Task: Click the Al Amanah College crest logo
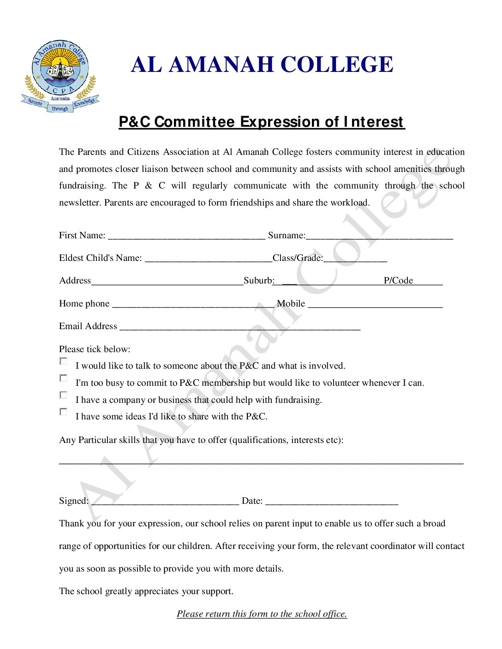pyautogui.click(x=60, y=76)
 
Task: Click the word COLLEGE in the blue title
pyautogui.click(x=337, y=65)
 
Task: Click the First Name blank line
pyautogui.click(x=186, y=237)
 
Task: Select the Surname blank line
pyautogui.click(x=379, y=237)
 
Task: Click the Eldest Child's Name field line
pyautogui.click(x=208, y=260)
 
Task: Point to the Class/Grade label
pyautogui.click(x=298, y=258)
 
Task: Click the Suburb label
pyautogui.click(x=259, y=281)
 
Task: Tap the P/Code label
pyautogui.click(x=398, y=281)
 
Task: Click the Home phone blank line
pyautogui.click(x=193, y=305)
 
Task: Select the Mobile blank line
pyautogui.click(x=375, y=305)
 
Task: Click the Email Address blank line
pyautogui.click(x=239, y=328)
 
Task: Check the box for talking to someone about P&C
pyautogui.click(x=63, y=361)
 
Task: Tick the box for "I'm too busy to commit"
pyautogui.click(x=63, y=378)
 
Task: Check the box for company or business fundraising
pyautogui.click(x=63, y=395)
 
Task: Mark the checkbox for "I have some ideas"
pyautogui.click(x=63, y=412)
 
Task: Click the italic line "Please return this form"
pyautogui.click(x=262, y=614)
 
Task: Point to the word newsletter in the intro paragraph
pyautogui.click(x=79, y=203)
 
